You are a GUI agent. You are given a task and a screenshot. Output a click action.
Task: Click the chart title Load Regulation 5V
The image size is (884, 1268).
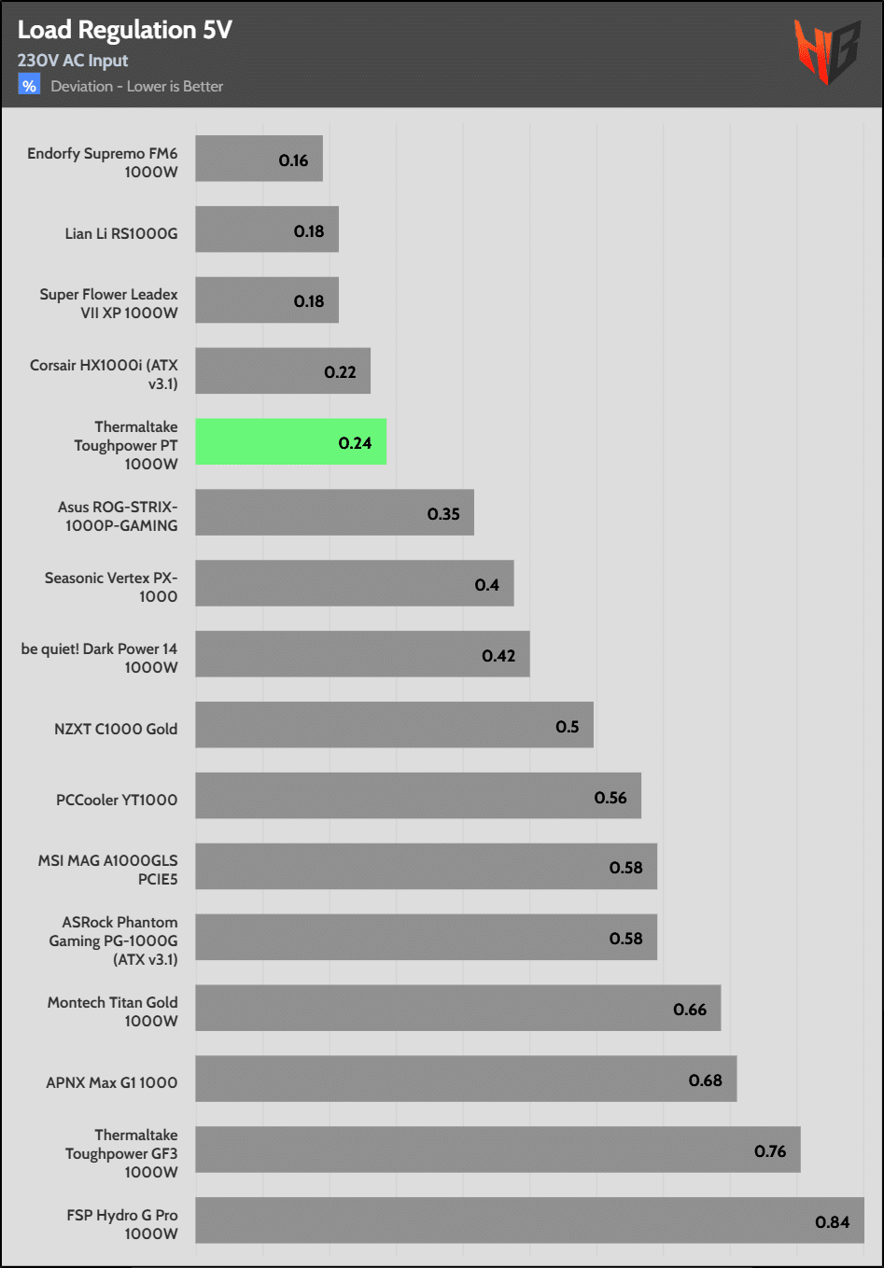(x=124, y=30)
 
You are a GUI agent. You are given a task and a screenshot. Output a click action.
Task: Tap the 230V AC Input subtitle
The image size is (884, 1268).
(x=73, y=61)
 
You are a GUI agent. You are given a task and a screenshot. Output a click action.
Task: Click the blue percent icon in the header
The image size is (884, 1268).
(x=29, y=86)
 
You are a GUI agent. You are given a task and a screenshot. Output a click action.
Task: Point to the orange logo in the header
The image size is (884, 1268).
(x=825, y=51)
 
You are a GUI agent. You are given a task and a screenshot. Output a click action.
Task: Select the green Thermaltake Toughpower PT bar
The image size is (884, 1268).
(x=290, y=442)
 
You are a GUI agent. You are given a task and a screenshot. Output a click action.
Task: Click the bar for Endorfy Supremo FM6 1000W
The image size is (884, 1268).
(x=259, y=159)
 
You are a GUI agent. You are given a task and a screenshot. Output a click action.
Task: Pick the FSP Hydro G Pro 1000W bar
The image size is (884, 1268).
(x=529, y=1220)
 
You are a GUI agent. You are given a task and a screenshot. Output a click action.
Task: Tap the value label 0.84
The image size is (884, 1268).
(x=832, y=1222)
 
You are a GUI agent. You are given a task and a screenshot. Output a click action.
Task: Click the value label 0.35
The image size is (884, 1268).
(x=443, y=514)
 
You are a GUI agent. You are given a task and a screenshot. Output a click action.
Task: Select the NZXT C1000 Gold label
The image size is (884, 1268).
(x=116, y=729)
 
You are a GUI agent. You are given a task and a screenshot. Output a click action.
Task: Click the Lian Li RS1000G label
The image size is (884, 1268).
(x=121, y=233)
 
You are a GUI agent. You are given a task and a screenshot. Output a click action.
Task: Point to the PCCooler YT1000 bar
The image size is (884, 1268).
(x=417, y=796)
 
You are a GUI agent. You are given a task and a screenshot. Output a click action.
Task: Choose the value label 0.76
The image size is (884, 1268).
(x=770, y=1151)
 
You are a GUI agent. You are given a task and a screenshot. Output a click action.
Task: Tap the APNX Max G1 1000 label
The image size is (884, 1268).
(x=112, y=1082)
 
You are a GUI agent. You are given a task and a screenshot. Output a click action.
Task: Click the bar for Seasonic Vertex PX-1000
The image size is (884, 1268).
(x=354, y=583)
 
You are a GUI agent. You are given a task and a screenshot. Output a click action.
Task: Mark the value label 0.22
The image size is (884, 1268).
(x=340, y=372)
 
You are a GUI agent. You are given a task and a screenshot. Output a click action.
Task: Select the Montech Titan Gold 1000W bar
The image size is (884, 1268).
(x=457, y=1008)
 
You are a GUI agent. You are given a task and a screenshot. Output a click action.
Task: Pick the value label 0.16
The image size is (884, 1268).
(x=293, y=160)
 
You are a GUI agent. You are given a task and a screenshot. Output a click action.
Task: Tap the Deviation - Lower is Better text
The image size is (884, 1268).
(x=137, y=87)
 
